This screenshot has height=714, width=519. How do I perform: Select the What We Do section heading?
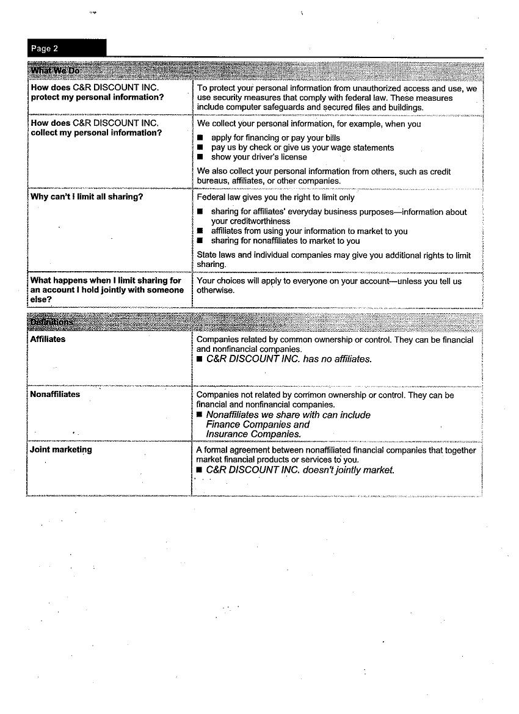tap(54, 70)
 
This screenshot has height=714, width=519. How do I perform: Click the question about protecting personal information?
tap(97, 92)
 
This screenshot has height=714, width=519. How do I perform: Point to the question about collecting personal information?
tap(96, 128)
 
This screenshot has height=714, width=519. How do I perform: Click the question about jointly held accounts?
tap(106, 290)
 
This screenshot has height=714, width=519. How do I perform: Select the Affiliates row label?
tap(48, 339)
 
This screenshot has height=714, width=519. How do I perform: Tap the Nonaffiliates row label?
tap(55, 395)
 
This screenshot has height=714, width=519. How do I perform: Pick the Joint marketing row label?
tap(61, 450)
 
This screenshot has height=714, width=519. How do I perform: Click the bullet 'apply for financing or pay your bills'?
tap(275, 138)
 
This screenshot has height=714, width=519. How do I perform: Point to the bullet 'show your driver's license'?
tap(259, 157)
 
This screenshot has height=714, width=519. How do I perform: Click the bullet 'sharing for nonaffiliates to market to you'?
tap(285, 241)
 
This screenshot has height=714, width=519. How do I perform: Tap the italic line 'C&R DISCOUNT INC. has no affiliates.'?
tap(288, 359)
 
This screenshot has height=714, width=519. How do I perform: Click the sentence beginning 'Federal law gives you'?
tap(275, 198)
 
